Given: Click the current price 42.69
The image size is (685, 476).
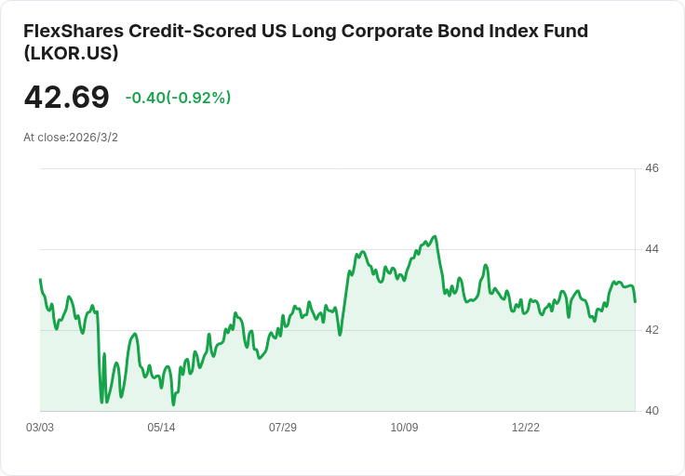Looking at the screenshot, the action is point(66,97).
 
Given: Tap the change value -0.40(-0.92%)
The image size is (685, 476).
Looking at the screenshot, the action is point(178,98).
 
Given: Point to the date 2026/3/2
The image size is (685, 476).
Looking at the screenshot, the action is point(93,138).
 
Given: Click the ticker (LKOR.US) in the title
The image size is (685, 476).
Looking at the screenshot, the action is point(72,53).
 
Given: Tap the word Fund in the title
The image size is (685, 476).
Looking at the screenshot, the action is point(566,31).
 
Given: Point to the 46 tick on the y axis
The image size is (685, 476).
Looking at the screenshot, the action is point(651,168).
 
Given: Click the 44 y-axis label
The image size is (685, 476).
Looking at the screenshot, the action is point(651,249).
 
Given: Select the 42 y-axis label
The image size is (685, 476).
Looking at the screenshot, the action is point(651,330).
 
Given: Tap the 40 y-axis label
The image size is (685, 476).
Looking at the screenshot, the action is point(651,411).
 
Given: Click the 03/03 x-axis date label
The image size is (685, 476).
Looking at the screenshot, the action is point(40,427).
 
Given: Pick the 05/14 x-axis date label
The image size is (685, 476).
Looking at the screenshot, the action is point(161,427).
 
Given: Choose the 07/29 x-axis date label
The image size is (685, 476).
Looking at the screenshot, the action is point(283,427).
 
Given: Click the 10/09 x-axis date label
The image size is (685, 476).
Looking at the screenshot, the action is point(404,427).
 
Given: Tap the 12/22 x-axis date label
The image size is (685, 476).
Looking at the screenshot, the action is point(526,427).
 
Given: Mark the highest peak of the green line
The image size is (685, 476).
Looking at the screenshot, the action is point(435,236).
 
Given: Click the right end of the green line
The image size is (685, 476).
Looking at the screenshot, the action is point(635,301).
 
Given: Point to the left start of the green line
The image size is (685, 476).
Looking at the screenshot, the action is point(40,279).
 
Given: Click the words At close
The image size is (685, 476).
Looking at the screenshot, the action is point(45,138).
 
